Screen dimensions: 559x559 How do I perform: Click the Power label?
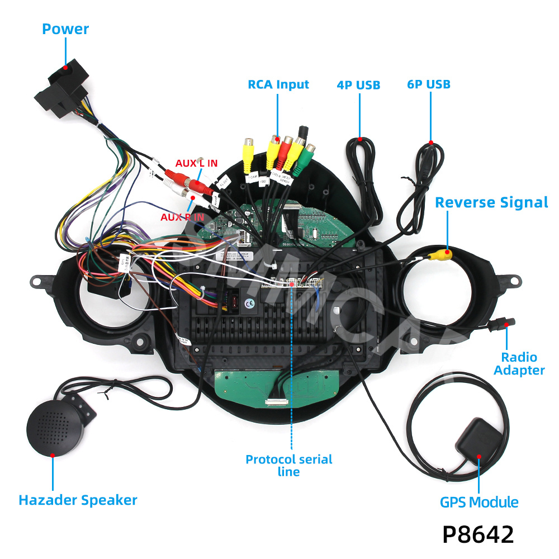[x=65, y=29]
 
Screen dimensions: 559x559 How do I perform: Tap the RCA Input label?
[x=278, y=84]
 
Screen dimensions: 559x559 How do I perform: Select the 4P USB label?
[x=358, y=85]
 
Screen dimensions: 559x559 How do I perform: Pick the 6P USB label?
[x=429, y=84]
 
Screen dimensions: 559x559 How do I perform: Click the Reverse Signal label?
[x=491, y=202]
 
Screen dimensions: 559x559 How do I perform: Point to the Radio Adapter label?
[x=519, y=363]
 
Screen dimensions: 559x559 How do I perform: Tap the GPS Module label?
[x=479, y=502]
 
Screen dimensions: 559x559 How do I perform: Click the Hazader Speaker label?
[x=78, y=500]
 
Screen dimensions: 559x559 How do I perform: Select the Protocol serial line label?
[x=289, y=465]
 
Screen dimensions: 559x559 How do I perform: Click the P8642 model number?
[x=478, y=534]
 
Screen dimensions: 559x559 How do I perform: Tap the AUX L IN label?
[x=196, y=163]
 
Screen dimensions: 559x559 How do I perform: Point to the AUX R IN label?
[x=182, y=217]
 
